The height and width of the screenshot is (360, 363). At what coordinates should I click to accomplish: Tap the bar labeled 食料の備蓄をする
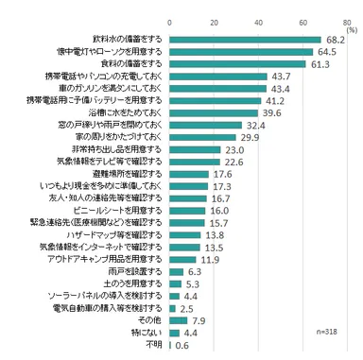click(x=238, y=62)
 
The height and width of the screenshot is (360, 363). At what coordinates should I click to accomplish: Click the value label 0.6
click(x=183, y=346)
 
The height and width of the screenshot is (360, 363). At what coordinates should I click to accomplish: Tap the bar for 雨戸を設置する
click(x=177, y=245)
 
